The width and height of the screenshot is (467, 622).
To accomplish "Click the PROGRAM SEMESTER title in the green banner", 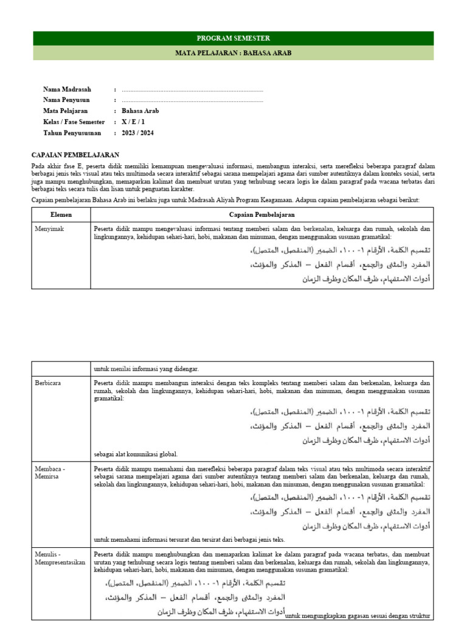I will tap(233, 38).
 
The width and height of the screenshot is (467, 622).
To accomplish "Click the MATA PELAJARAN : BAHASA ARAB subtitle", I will tap(233, 53).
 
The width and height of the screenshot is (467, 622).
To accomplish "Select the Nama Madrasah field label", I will tap(67, 89).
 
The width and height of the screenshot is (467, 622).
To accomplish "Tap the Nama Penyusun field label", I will tap(66, 100).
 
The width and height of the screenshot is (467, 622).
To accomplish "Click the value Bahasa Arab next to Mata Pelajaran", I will tap(140, 111).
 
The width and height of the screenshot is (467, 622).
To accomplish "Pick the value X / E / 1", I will tap(133, 122).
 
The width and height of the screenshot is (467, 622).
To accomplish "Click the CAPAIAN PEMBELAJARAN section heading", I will tap(75, 155).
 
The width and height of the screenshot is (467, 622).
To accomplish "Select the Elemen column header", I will tap(61, 215).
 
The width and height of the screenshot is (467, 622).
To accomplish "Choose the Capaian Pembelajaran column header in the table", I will tap(262, 215).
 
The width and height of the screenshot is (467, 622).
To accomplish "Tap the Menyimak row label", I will tap(49, 229).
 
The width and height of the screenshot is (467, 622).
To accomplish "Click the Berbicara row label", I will tap(49, 383).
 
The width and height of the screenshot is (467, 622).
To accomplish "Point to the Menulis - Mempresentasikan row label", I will tap(60, 558).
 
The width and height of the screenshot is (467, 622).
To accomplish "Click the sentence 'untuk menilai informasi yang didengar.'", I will tap(146, 369).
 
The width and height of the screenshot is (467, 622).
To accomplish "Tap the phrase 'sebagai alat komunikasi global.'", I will tap(136, 454).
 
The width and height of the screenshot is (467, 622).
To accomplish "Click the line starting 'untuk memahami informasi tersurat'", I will tap(189, 539).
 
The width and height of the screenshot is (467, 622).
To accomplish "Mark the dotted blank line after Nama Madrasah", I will tap(192, 90).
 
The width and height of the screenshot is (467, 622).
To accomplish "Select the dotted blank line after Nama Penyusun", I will tap(192, 101).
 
